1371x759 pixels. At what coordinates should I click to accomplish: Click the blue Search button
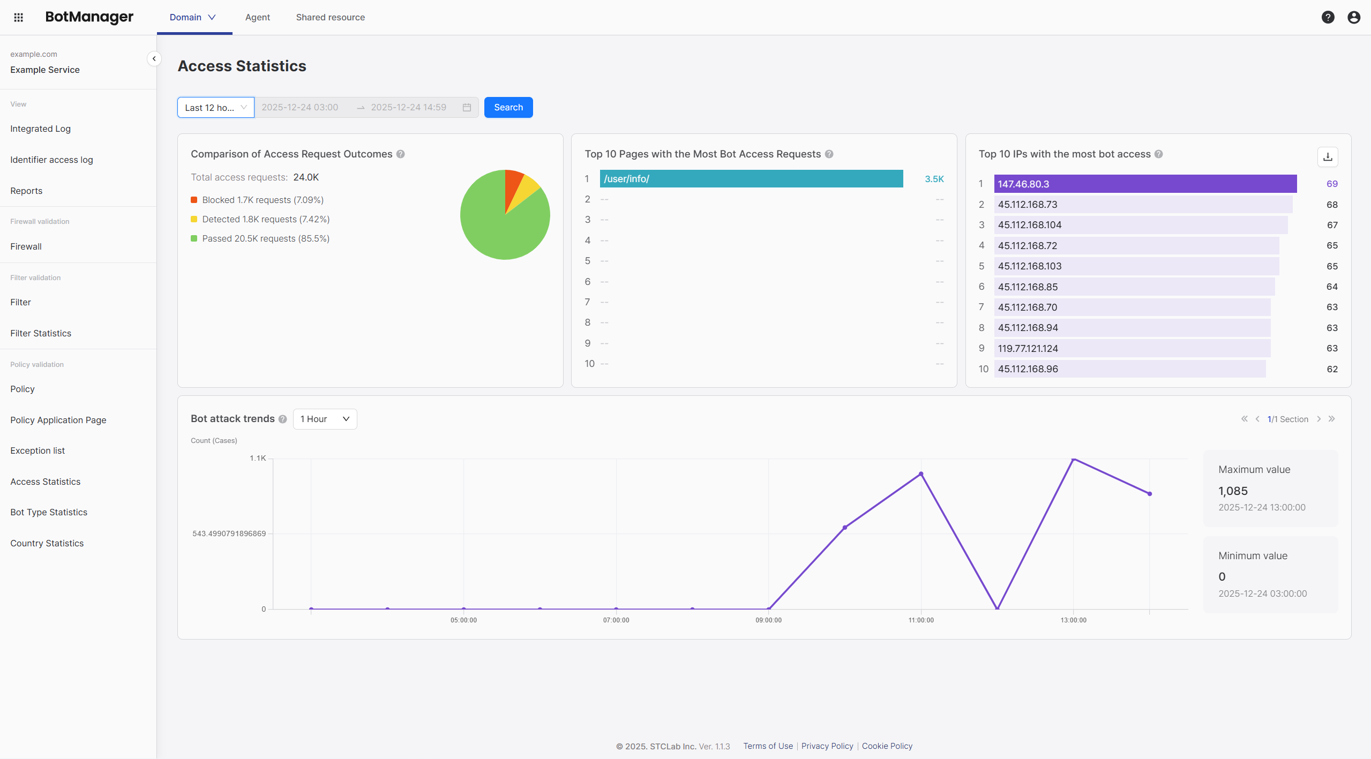[x=508, y=107]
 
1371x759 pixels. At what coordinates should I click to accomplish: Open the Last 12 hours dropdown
[x=215, y=108]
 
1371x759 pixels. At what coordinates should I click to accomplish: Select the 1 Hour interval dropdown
[x=325, y=419]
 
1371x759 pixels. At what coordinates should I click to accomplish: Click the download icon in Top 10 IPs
[x=1328, y=157]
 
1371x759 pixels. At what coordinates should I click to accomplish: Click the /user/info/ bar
[x=751, y=179]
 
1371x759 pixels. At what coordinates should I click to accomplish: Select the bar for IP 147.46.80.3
[x=1145, y=184]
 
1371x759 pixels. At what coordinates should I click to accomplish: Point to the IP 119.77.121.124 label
[x=1028, y=349]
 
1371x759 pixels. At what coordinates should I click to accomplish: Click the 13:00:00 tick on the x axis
[x=1073, y=620]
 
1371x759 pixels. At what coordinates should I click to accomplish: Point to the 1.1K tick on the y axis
[x=258, y=459]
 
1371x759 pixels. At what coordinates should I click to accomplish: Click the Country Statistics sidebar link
[x=47, y=543]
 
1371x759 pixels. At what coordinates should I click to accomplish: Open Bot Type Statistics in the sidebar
[x=49, y=512]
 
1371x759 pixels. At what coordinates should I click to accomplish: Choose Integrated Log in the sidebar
[x=41, y=129]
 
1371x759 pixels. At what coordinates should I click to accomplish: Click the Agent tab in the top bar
[x=257, y=17]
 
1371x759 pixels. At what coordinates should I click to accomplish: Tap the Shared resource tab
[x=330, y=17]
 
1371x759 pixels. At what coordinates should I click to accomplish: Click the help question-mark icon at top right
[x=1328, y=17]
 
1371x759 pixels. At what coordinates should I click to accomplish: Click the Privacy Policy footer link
[x=827, y=746]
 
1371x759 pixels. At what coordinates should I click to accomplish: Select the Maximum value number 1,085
[x=1233, y=491]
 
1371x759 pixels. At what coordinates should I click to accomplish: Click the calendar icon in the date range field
[x=467, y=108]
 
